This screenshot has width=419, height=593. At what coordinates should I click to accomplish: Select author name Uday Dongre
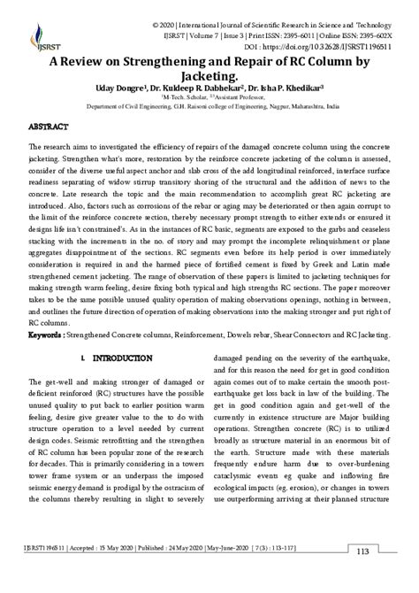point(115,89)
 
